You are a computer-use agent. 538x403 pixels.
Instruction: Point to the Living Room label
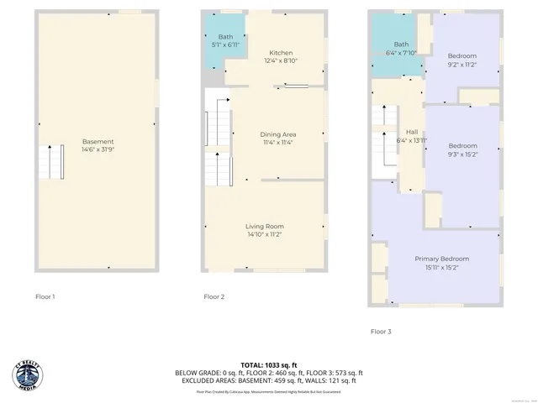pyautogui.click(x=265, y=226)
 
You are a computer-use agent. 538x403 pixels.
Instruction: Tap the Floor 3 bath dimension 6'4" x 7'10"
pyautogui.click(x=402, y=53)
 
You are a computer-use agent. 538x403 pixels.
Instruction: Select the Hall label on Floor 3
pyautogui.click(x=412, y=132)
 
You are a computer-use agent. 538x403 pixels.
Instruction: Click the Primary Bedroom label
pyautogui.click(x=442, y=259)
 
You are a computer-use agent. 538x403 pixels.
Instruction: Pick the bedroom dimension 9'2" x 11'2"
pyautogui.click(x=462, y=64)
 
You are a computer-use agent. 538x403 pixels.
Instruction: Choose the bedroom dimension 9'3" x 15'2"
pyautogui.click(x=462, y=154)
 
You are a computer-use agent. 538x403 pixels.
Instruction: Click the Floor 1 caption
pyautogui.click(x=45, y=296)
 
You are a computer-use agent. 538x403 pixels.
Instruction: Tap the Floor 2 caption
pyautogui.click(x=214, y=296)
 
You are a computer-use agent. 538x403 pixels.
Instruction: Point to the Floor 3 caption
pyautogui.click(x=381, y=332)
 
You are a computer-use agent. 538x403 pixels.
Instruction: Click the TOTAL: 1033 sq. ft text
pyautogui.click(x=268, y=365)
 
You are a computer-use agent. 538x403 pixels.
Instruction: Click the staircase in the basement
pyautogui.click(x=50, y=161)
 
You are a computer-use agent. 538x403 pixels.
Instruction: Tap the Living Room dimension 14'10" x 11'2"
pyautogui.click(x=265, y=235)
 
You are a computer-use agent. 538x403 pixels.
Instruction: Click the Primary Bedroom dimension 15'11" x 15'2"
pyautogui.click(x=442, y=268)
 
